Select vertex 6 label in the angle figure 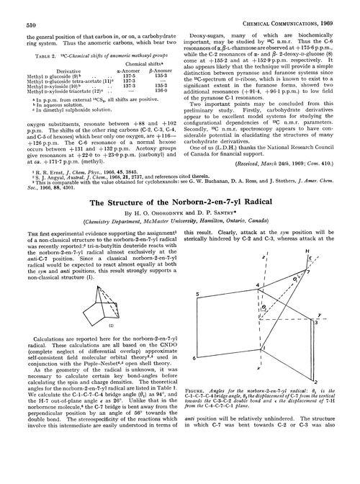197,358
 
